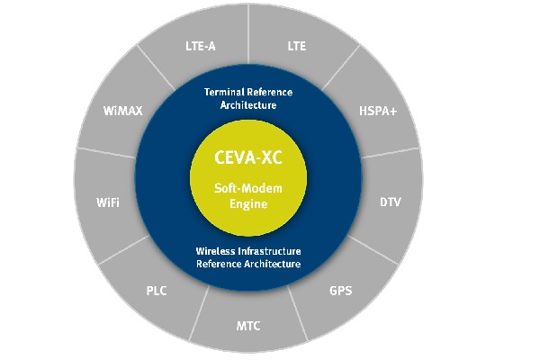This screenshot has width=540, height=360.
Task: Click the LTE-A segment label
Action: click(201, 46)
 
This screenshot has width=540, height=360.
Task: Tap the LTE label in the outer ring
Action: click(296, 46)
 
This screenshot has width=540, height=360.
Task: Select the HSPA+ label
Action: click(378, 111)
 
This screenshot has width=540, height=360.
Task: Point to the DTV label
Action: click(391, 202)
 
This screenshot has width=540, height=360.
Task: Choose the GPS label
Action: click(340, 291)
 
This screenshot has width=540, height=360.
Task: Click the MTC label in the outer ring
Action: click(248, 326)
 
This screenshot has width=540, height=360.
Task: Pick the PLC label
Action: click(157, 291)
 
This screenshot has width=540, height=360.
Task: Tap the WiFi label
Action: click(108, 202)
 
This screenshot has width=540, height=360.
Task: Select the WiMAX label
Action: click(122, 111)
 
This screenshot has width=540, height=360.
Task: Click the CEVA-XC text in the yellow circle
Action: click(248, 157)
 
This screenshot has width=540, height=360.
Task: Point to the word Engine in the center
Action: click(248, 204)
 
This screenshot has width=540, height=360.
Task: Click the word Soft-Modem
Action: click(248, 188)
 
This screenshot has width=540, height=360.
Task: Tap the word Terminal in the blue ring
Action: click(224, 92)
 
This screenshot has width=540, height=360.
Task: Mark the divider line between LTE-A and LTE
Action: click(248, 34)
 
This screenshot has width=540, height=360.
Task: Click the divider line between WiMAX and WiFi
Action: click(106, 153)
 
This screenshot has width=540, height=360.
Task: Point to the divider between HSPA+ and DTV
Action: click(391, 153)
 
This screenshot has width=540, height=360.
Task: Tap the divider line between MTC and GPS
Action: click(297, 313)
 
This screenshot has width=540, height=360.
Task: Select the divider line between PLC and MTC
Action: click(199, 313)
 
